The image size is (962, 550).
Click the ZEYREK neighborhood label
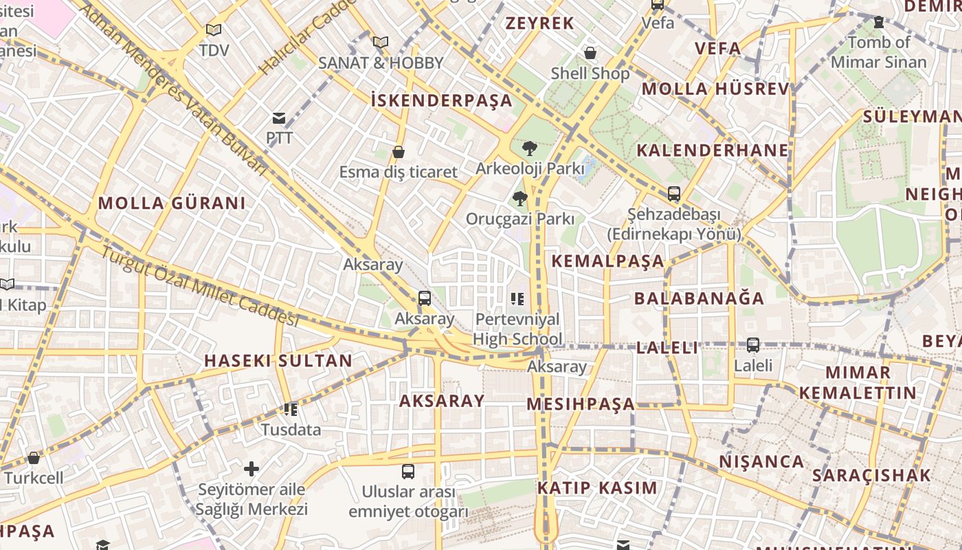pos(539,23)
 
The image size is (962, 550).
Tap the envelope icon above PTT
pos(279,118)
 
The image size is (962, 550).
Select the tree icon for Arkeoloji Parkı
pos(529,148)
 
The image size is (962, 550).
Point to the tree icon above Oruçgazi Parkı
pos(520,199)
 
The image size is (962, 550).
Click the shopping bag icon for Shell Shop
pos(590,53)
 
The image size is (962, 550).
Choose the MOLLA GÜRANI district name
pos(171,203)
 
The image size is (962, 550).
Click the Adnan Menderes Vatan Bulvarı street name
pos(172,89)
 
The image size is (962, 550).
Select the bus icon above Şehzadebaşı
pos(673,194)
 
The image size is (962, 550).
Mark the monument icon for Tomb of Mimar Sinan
pos(878,22)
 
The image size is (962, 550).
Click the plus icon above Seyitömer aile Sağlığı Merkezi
pos(251,469)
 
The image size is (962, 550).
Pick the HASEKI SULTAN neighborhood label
pos(278,361)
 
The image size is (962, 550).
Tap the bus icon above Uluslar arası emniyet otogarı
pos(408,472)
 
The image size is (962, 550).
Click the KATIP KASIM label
pos(597,488)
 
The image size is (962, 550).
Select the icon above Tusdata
pos(291,410)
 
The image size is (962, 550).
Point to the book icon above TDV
pos(214,30)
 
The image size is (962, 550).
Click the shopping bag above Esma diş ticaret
pos(399,152)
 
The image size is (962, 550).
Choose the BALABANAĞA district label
pos(699,298)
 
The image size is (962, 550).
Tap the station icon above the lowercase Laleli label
pos(753,345)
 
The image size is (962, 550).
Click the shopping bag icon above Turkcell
pos(33,458)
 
